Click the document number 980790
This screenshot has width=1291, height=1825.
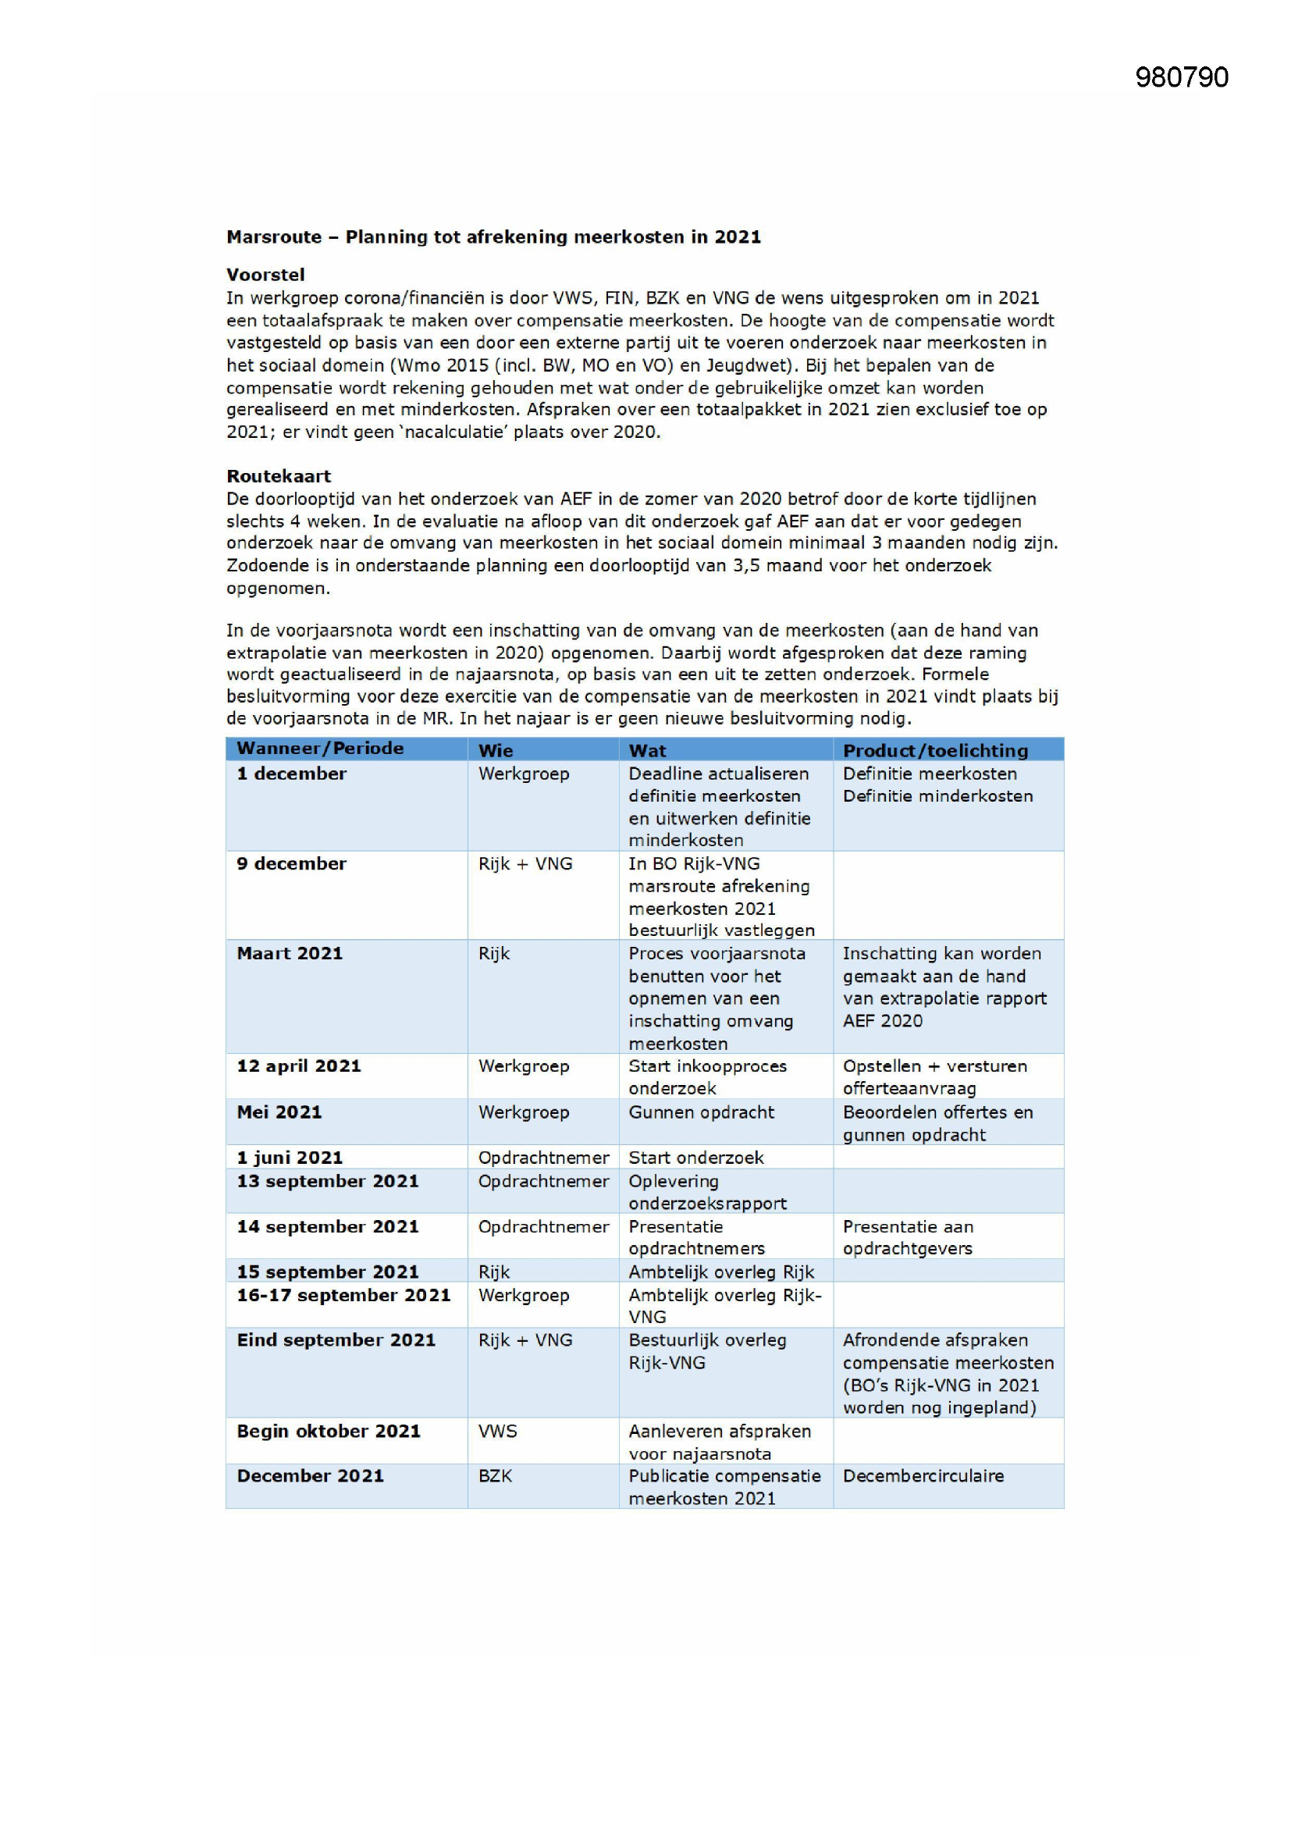1181,77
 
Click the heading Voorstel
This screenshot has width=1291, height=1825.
265,275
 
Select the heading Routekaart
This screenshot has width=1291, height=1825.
278,476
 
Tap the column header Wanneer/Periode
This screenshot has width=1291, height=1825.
320,749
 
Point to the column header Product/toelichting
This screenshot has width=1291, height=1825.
935,750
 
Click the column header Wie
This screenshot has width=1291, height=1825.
496,750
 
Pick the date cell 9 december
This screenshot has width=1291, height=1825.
292,864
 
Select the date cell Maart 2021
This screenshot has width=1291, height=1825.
290,954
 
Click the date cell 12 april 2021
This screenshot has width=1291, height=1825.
299,1067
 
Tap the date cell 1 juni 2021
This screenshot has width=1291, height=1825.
290,1158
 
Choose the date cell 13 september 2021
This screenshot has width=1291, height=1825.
328,1182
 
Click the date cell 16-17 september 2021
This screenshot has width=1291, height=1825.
343,1296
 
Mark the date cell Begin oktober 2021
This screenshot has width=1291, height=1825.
329,1432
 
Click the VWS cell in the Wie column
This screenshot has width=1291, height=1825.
498,1432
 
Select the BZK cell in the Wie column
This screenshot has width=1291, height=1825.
496,1477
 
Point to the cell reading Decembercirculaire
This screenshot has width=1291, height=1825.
923,1477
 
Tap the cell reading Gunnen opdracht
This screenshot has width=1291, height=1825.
701,1113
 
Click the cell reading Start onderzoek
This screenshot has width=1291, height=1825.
695,1158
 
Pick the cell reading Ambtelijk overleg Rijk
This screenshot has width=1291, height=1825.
721,1272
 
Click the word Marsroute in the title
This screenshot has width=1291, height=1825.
274,237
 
